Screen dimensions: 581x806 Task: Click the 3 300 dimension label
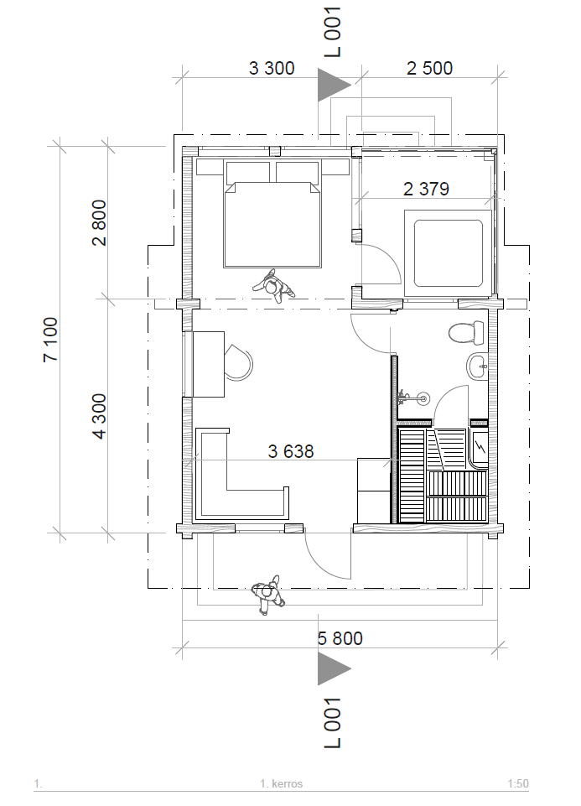click(x=272, y=68)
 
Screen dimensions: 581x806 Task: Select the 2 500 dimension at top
click(x=429, y=68)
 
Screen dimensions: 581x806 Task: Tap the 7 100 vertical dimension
click(x=50, y=340)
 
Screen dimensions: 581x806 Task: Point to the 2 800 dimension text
click(x=99, y=222)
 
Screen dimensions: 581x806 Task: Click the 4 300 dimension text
click(x=99, y=416)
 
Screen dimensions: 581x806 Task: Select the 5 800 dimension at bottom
click(x=340, y=638)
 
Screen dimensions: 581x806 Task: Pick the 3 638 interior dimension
click(x=291, y=451)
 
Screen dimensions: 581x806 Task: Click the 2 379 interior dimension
click(x=427, y=189)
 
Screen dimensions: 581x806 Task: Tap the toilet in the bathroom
click(x=466, y=333)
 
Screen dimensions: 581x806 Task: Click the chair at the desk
click(x=238, y=362)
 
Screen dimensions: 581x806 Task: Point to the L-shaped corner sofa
click(x=241, y=473)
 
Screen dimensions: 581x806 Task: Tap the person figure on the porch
click(x=268, y=595)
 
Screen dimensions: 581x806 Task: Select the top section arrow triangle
click(x=334, y=85)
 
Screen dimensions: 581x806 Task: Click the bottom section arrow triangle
click(x=334, y=668)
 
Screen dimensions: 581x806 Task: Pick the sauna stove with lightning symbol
click(x=480, y=448)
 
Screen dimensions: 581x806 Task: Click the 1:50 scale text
click(x=518, y=784)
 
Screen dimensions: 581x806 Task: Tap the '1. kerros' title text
click(x=282, y=784)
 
